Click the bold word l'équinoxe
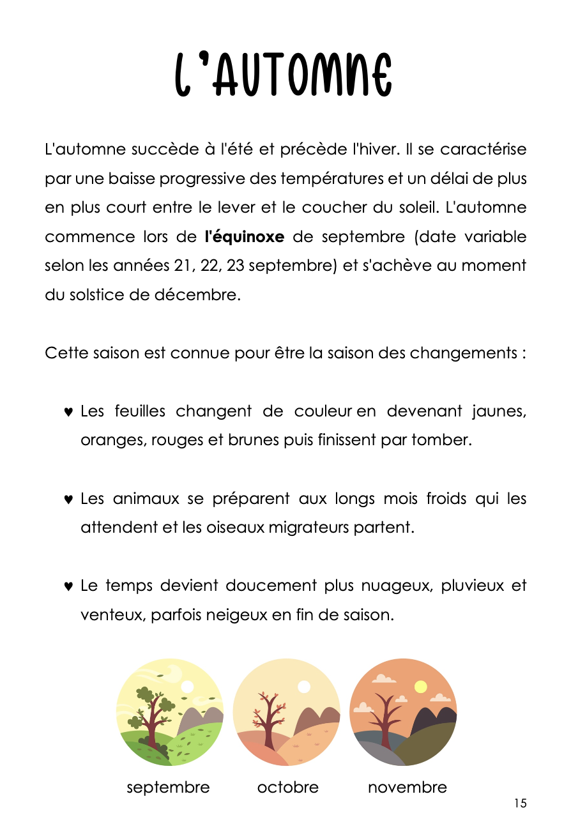click(x=244, y=237)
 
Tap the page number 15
click(x=520, y=804)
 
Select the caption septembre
click(x=168, y=788)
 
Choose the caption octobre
click(x=287, y=788)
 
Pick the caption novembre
click(x=407, y=788)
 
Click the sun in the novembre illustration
click(x=420, y=687)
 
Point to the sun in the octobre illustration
click(x=304, y=687)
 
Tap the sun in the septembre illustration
click(x=187, y=687)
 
